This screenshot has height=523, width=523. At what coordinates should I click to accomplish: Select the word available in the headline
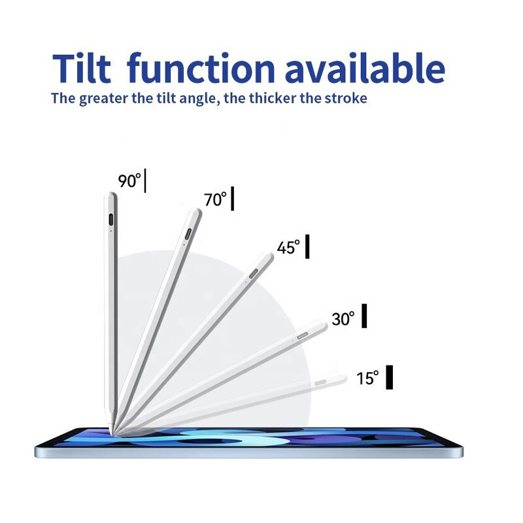pos(364,68)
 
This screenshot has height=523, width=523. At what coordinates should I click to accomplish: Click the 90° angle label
pos(129,181)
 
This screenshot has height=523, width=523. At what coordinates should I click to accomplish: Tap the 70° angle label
pos(215,199)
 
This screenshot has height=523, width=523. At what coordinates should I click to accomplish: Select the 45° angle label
pos(288,248)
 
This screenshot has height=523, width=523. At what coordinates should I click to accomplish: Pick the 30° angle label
pos(343,319)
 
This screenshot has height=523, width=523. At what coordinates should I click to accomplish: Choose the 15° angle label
pos(367,378)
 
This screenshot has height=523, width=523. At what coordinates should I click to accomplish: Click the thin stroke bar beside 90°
pos(145,180)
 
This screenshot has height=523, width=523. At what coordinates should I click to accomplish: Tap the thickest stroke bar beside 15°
pos(390,378)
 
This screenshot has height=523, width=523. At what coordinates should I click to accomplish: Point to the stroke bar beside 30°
pos(364,316)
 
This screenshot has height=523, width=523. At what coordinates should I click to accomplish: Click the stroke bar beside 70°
pos(232,198)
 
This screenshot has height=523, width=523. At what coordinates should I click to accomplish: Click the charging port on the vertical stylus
pos(110,218)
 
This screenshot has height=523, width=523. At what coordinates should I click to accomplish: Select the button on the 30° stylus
pos(302,335)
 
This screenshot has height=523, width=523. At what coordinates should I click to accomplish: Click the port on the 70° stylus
pos(189,234)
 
